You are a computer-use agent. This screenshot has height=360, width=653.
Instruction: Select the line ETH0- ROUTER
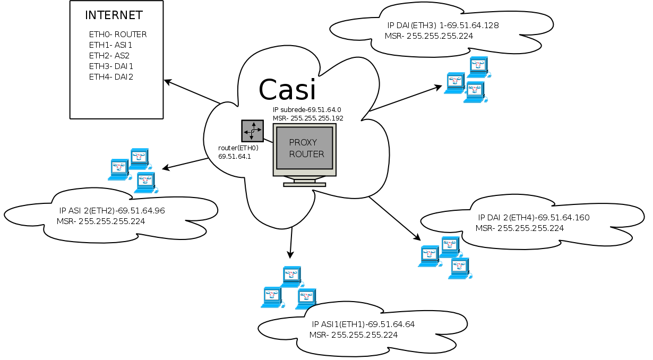click(118, 35)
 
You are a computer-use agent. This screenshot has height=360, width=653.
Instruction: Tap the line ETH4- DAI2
click(111, 77)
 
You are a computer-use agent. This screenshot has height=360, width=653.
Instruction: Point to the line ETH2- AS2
click(109, 56)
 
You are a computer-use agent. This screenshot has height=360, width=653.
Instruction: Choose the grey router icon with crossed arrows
click(252, 130)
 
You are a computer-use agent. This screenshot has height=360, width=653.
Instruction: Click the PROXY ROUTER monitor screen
click(304, 148)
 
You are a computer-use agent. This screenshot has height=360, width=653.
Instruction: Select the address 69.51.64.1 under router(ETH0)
click(234, 157)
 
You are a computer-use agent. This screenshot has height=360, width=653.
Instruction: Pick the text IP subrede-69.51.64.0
click(306, 109)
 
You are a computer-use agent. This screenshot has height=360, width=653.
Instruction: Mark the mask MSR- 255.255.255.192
click(308, 118)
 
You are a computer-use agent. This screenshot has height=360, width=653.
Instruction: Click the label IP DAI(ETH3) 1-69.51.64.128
click(443, 25)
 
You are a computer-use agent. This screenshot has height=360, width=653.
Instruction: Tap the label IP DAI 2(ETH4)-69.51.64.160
click(534, 217)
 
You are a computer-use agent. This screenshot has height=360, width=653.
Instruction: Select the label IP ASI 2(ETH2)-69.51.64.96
click(112, 211)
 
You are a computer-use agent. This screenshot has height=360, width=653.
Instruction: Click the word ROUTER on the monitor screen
click(306, 154)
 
